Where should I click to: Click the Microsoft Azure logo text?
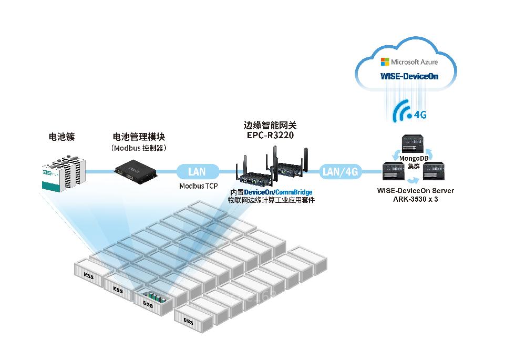click(409, 62)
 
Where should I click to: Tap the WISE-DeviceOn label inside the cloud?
click(409, 76)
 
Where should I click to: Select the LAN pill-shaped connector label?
click(197, 171)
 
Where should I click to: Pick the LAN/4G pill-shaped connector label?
click(339, 171)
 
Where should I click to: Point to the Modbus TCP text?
click(199, 186)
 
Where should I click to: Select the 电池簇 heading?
click(61, 137)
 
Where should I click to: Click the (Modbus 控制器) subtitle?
click(139, 148)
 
